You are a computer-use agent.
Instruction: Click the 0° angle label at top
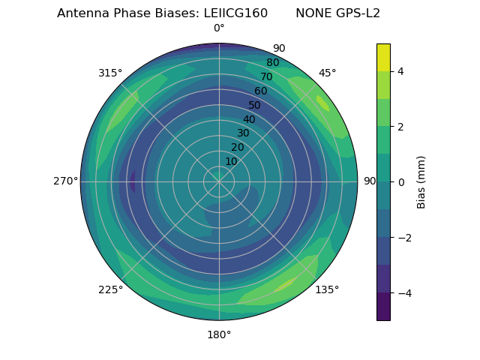[219, 28]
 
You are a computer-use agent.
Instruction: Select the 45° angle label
[327, 73]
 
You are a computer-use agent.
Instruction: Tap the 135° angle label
[327, 289]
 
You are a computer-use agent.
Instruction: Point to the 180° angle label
[219, 334]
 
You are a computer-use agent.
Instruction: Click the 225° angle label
[110, 289]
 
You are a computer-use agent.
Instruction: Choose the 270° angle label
[65, 181]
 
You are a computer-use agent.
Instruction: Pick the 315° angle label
[110, 73]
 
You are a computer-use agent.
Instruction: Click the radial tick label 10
[231, 161]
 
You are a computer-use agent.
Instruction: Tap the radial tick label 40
[249, 119]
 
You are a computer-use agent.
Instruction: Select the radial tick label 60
[261, 91]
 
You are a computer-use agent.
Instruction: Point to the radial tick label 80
[272, 63]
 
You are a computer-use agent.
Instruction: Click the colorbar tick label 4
[400, 71]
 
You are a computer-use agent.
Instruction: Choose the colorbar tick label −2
[403, 238]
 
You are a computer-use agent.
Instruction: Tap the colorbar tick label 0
[400, 182]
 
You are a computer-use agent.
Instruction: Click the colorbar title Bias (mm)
[421, 182]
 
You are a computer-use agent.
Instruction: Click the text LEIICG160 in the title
[235, 13]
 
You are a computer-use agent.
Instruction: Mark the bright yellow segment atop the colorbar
[383, 57]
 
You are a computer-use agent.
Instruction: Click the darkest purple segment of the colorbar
[383, 307]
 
